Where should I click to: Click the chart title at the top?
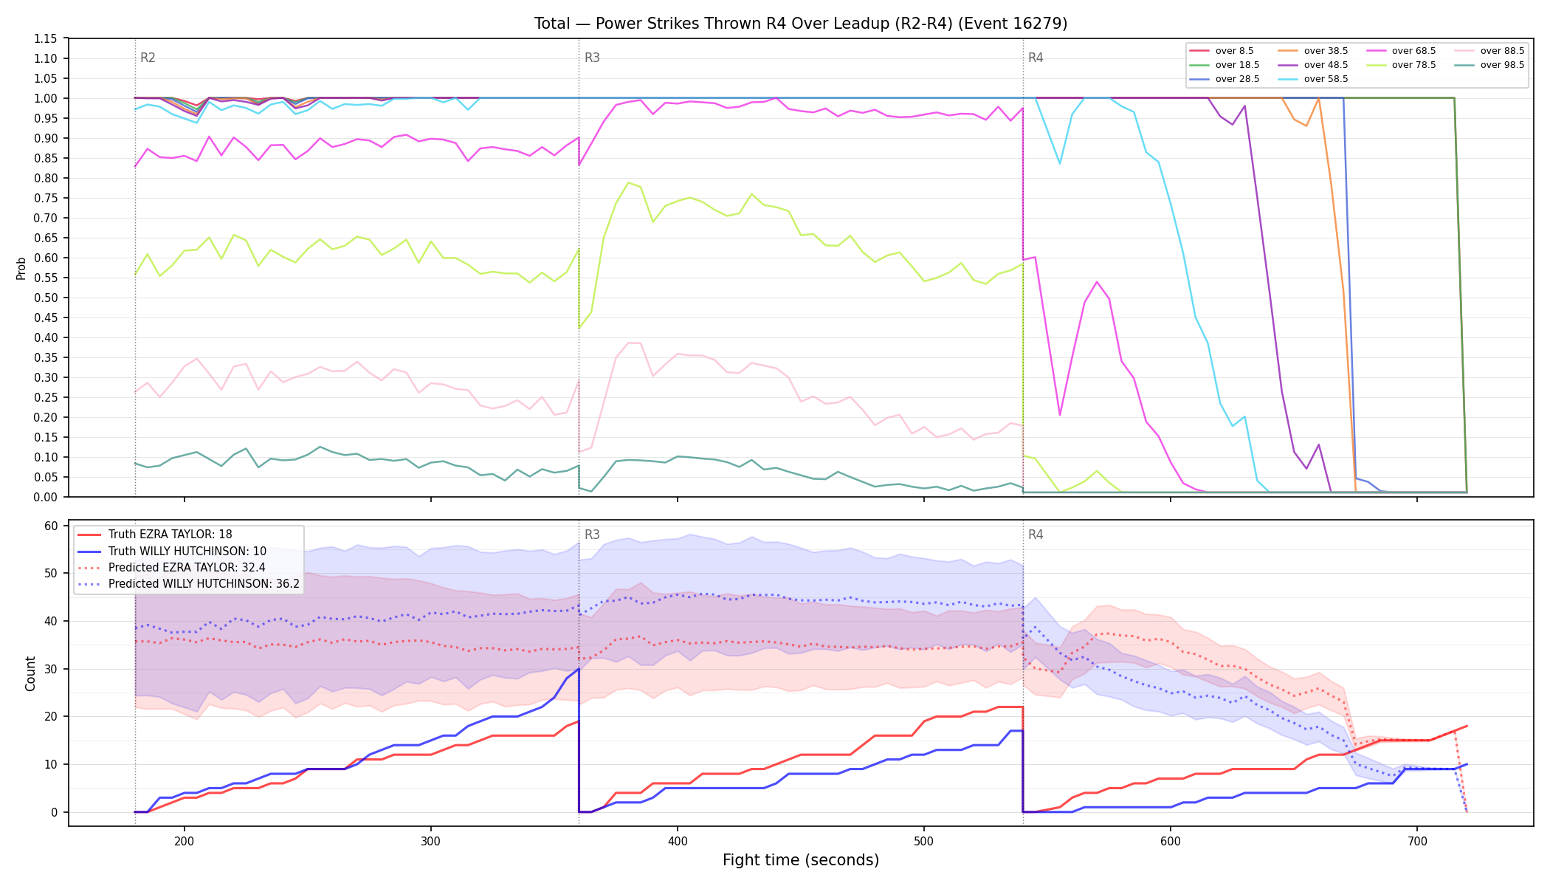(x=801, y=24)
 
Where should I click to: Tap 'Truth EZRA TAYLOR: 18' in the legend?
(x=170, y=535)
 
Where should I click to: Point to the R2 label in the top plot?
(x=148, y=58)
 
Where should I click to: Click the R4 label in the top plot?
(x=1036, y=58)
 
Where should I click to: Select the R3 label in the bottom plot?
(x=592, y=535)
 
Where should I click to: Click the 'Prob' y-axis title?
(x=21, y=268)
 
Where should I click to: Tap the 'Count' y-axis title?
(x=30, y=673)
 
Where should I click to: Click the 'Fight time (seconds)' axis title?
(x=801, y=860)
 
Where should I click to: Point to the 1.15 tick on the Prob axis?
(x=46, y=38)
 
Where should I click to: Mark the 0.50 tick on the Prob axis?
(x=46, y=298)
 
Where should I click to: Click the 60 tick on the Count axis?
(x=51, y=526)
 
